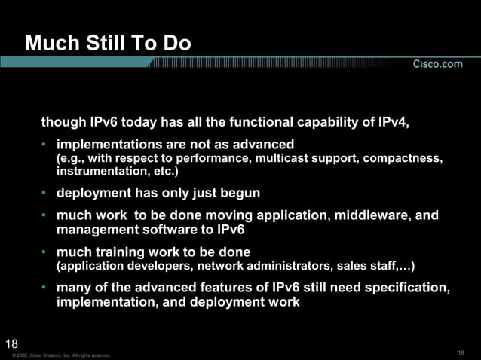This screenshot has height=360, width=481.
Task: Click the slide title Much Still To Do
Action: (x=108, y=45)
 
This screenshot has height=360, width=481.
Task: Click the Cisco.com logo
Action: (x=437, y=65)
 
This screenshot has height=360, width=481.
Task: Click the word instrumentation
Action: (x=100, y=172)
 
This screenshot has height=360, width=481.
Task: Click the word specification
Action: (x=408, y=288)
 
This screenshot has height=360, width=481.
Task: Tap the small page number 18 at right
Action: (x=461, y=353)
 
